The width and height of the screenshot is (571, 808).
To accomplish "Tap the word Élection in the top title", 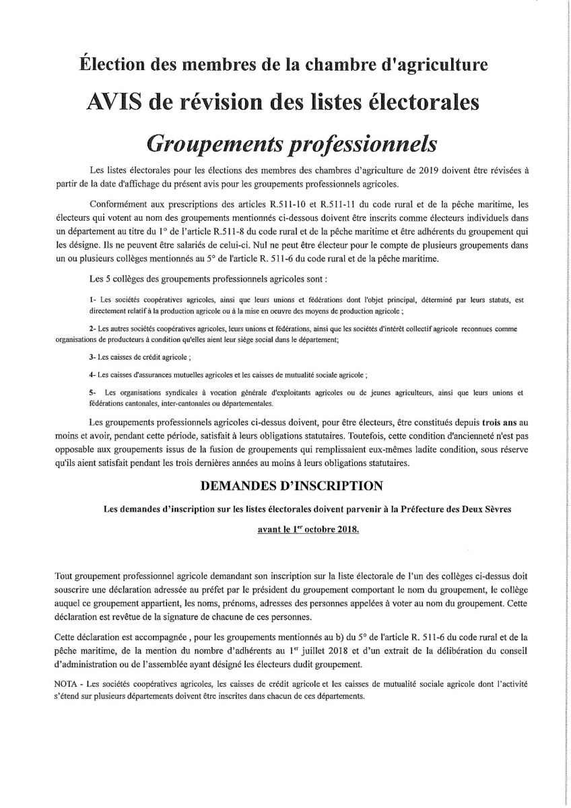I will tap(114, 65).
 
